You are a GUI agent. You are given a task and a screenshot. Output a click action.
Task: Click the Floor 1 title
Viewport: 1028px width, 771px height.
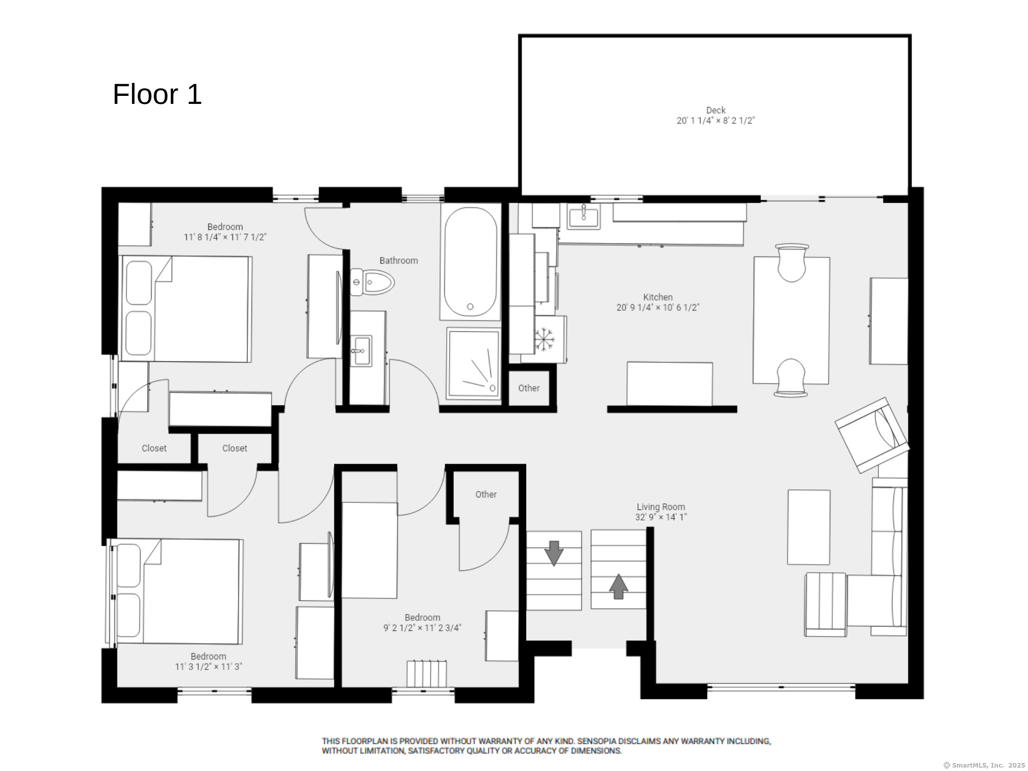[x=157, y=94]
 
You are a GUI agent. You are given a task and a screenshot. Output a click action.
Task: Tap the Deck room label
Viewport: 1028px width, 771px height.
[x=716, y=110]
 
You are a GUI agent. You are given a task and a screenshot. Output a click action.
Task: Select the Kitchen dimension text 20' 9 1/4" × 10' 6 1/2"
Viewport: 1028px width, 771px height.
[x=658, y=308]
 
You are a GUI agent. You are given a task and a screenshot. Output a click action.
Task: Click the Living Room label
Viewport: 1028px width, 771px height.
[x=661, y=507]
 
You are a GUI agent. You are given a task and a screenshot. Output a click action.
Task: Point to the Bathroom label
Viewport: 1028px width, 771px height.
[x=399, y=261]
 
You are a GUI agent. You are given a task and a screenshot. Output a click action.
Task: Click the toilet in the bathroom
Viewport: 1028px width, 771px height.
[x=372, y=282]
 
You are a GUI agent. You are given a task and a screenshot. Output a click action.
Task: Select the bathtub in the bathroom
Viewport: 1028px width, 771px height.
[x=470, y=262]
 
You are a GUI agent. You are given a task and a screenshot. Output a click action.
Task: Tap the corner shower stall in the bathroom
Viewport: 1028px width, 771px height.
[x=473, y=364]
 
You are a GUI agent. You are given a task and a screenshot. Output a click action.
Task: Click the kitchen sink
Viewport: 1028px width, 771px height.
[x=583, y=216]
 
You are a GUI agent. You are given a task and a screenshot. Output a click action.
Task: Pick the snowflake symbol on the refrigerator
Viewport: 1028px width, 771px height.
[x=544, y=339]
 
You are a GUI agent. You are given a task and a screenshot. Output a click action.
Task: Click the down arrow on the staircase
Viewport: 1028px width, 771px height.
[x=554, y=553]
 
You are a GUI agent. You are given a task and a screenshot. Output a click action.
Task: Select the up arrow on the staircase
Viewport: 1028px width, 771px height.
[x=618, y=586]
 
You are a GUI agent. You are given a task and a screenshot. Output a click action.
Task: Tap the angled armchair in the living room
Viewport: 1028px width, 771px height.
[x=872, y=435]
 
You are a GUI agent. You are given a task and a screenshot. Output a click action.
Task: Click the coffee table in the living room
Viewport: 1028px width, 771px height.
[x=809, y=527]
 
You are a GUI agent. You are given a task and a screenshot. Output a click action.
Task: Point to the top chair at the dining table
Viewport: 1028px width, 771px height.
[x=792, y=263]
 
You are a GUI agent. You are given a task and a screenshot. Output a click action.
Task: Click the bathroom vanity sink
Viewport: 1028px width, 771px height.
[x=361, y=351]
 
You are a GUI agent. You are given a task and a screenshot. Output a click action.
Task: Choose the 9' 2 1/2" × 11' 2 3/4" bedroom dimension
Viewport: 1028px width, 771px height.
[x=422, y=627]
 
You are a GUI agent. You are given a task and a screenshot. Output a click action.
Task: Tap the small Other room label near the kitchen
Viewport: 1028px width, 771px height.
[x=529, y=388]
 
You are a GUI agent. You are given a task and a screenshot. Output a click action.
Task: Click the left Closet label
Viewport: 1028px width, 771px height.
[x=154, y=448]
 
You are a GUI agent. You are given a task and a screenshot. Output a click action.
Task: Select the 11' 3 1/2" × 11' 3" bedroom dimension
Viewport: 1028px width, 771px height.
[x=208, y=667]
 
